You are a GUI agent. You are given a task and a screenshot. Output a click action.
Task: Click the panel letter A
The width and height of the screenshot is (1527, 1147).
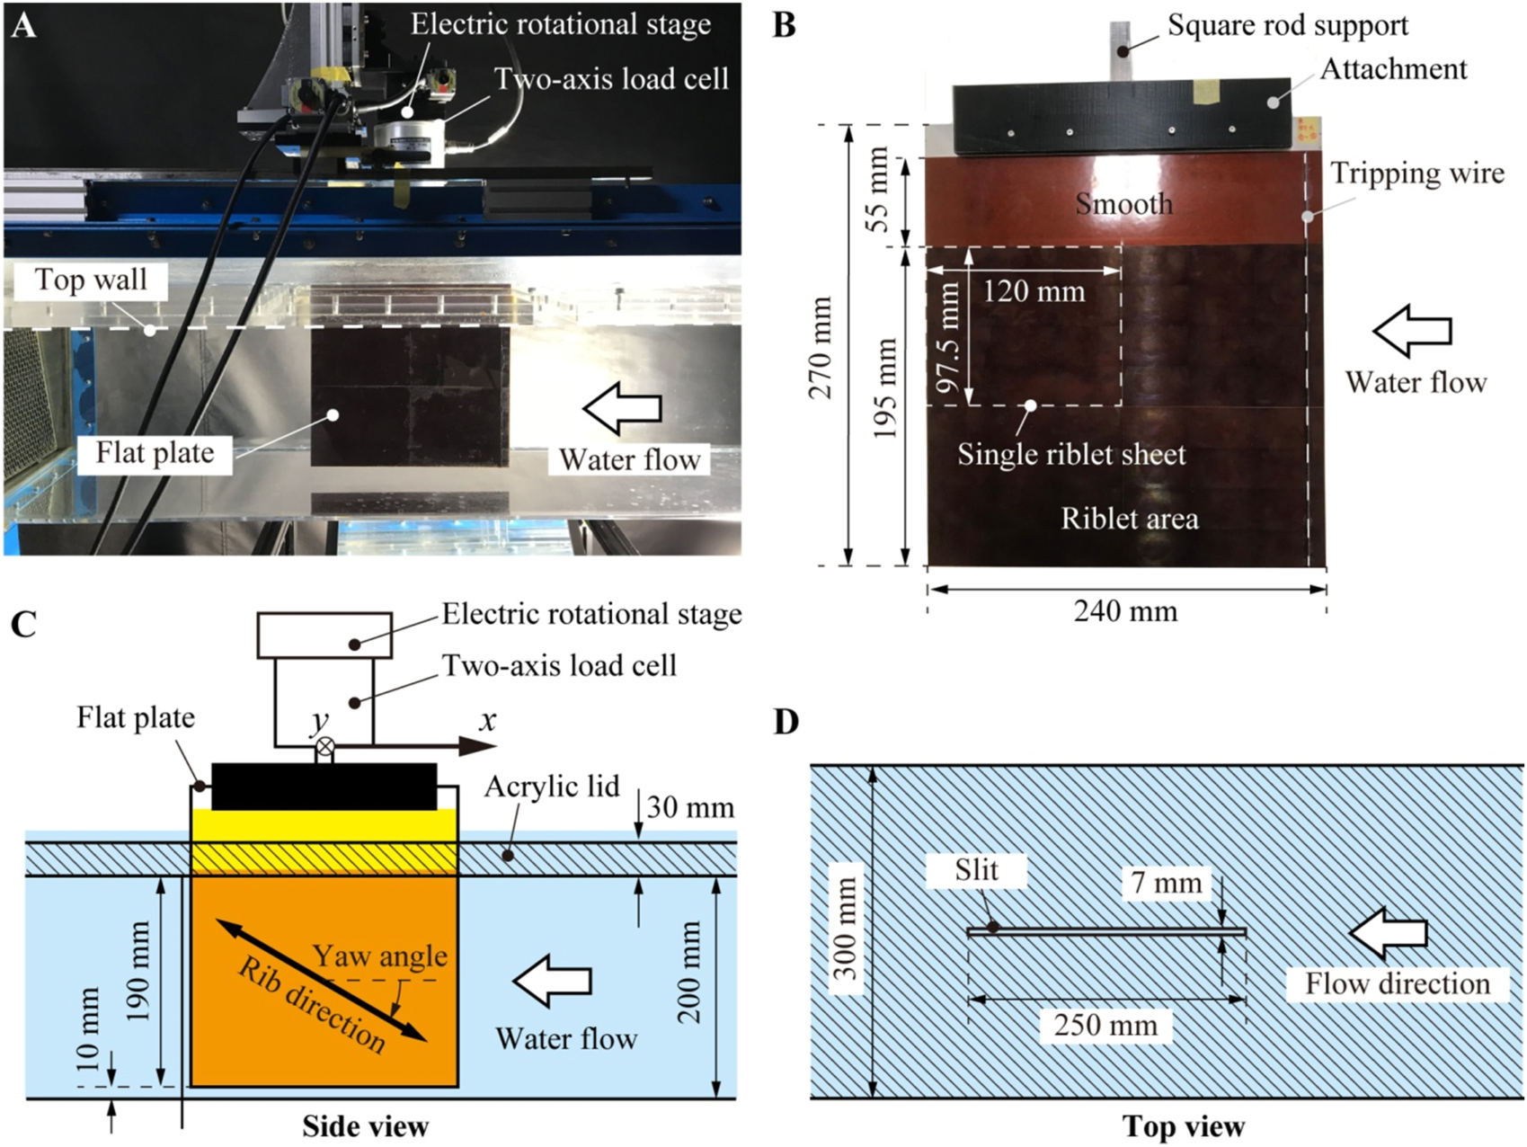click(23, 24)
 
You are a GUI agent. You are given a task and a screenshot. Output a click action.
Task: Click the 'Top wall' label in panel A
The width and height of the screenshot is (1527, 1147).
click(91, 280)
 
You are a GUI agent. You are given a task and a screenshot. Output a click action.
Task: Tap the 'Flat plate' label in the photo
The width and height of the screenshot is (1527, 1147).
click(155, 452)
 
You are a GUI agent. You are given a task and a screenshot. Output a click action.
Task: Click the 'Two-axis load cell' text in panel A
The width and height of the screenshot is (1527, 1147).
click(611, 79)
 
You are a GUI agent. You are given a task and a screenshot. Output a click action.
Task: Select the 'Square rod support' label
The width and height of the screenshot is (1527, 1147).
click(1287, 25)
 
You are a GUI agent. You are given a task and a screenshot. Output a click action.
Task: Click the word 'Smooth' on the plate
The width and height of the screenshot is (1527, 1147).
click(1124, 204)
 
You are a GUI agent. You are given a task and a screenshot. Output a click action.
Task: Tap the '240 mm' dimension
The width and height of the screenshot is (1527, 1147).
click(1125, 612)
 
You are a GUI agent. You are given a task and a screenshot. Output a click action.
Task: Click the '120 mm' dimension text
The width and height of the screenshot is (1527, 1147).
click(1034, 291)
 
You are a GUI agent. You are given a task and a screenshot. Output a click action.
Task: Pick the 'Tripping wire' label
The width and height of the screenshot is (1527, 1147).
click(1416, 173)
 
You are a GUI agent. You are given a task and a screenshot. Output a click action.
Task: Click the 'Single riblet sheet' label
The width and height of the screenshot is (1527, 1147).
click(1071, 455)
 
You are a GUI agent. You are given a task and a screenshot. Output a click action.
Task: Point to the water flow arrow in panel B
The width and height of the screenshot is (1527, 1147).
click(1411, 331)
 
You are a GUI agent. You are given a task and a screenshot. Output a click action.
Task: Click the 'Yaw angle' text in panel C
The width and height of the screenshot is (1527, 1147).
click(379, 956)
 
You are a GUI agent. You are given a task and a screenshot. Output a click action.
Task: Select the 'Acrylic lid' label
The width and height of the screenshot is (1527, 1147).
click(552, 787)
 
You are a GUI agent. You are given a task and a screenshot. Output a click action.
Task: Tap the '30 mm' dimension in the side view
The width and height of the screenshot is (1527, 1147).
click(690, 807)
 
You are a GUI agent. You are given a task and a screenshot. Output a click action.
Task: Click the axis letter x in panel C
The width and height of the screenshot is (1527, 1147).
click(487, 721)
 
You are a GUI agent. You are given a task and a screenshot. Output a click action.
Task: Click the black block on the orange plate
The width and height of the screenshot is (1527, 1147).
click(324, 787)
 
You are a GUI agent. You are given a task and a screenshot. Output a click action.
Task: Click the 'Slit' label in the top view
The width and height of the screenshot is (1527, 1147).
click(977, 870)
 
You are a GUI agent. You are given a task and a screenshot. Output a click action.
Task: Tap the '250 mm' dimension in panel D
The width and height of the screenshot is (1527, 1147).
click(1105, 1025)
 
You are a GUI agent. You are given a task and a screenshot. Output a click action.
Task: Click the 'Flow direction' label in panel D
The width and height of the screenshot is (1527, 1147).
click(1397, 983)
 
